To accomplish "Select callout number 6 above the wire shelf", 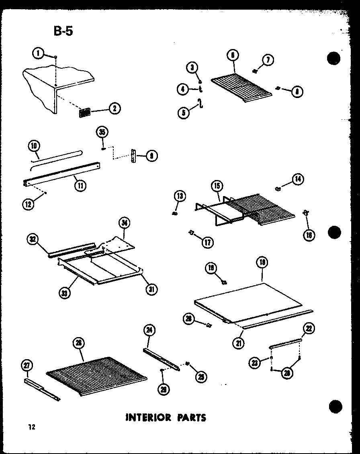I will tap(233, 55).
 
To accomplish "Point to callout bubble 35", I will tap(102, 132).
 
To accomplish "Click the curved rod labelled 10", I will tap(56, 157).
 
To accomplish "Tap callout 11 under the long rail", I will tap(80, 186).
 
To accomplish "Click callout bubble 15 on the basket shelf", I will tap(217, 186).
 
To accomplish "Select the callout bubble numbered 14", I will tap(298, 179).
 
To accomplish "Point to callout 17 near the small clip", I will tap(208, 242).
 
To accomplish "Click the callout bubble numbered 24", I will tap(149, 330).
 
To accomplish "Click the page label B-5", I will tap(63, 31).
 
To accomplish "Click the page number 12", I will tap(32, 427).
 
